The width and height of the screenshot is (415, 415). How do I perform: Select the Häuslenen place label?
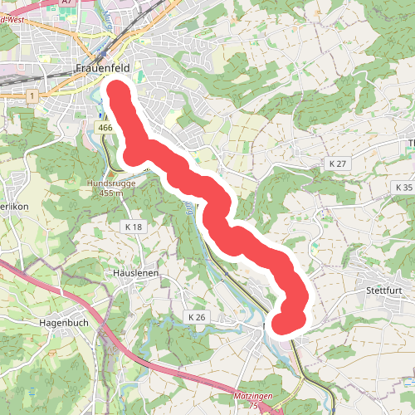134,272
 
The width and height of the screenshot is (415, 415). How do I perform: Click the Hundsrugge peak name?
109,183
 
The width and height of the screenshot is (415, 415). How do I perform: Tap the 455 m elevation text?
109,193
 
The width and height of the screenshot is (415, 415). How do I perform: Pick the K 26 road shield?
196,317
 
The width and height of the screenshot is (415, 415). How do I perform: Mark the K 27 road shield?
336,164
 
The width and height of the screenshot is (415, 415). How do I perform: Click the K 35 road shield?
403,188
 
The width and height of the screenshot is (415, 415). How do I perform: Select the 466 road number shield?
104,128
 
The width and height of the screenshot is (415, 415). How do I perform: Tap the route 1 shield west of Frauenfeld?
32,97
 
